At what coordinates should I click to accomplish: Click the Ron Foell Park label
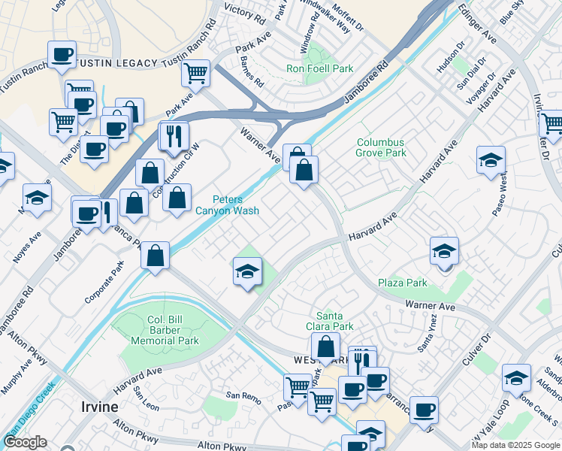pyautogui.click(x=319, y=69)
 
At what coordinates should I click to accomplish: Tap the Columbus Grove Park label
pyautogui.click(x=380, y=147)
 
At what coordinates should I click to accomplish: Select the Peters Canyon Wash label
pyautogui.click(x=228, y=205)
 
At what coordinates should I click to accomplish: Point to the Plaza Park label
pyautogui.click(x=402, y=283)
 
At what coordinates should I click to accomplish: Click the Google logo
pyautogui.click(x=25, y=442)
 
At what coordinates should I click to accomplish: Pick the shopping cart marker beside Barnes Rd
pyautogui.click(x=195, y=74)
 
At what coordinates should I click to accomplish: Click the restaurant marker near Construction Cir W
pyautogui.click(x=172, y=136)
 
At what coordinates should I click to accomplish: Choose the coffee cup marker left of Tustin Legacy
pyautogui.click(x=62, y=54)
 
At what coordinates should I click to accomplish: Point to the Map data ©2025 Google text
pyautogui.click(x=515, y=445)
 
